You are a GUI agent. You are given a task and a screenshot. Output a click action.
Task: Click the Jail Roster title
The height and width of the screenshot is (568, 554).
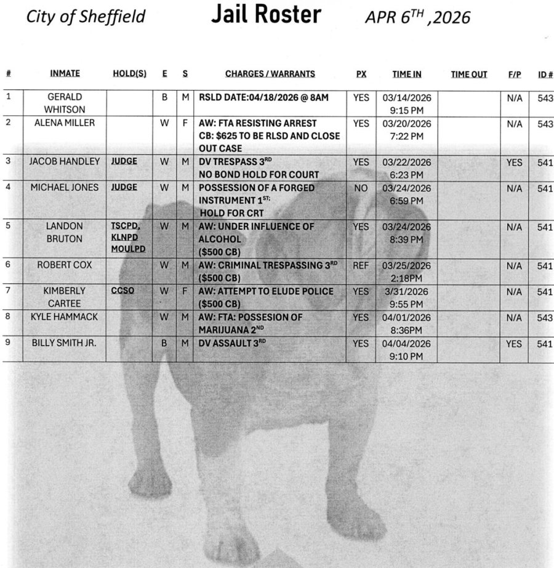point(266,15)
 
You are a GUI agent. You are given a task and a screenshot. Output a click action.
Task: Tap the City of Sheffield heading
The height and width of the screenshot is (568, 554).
point(86,17)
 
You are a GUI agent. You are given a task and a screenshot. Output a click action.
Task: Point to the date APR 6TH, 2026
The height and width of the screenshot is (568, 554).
point(417,17)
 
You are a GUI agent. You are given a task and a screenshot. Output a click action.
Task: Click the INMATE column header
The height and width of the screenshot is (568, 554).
point(65,74)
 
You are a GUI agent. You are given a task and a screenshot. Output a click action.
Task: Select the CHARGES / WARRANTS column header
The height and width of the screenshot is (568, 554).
point(270,74)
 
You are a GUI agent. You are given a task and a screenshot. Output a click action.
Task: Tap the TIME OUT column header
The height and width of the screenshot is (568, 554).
point(468,75)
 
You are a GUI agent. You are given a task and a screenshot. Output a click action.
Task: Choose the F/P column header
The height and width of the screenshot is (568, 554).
point(514,75)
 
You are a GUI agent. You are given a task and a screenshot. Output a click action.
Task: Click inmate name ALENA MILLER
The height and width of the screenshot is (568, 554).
point(65,123)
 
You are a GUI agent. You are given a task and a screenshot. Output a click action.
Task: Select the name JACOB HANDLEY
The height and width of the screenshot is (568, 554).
point(65,162)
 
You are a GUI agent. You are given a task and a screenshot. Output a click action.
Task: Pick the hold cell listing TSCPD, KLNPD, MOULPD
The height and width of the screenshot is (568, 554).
point(129,238)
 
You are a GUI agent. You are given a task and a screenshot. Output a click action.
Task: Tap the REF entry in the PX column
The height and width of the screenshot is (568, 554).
point(361,266)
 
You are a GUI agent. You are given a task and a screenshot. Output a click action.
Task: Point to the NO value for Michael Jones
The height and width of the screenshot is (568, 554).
point(361,188)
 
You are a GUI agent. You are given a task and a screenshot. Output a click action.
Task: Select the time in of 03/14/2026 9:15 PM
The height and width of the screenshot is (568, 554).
point(407,103)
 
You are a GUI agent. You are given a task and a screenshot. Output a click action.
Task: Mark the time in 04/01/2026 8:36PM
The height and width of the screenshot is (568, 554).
point(407,324)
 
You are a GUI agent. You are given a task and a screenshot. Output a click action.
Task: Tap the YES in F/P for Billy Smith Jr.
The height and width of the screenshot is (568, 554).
point(513,344)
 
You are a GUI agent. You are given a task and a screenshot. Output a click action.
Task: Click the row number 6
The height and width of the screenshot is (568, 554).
point(8,265)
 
